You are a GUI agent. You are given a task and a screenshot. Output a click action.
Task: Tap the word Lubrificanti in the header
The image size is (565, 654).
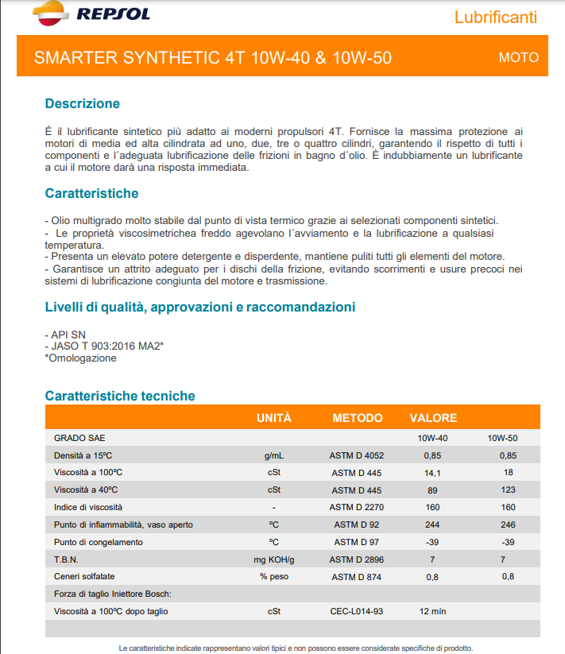[496, 17]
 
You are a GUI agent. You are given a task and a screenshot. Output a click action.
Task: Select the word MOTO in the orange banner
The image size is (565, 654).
[518, 57]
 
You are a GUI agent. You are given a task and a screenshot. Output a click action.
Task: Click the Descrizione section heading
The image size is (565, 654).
[83, 103]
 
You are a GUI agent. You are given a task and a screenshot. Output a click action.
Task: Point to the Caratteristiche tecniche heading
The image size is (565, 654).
[120, 396]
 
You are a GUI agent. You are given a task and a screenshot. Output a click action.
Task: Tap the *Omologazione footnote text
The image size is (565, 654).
[81, 358]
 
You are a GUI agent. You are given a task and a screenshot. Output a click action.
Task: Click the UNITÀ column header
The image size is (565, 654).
[273, 417]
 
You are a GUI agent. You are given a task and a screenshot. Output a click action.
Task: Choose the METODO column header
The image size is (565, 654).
[357, 417]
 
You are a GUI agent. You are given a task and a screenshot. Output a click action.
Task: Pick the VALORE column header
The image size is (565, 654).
[433, 417]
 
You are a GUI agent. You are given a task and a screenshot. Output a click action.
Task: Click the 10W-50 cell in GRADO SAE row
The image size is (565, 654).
[502, 438]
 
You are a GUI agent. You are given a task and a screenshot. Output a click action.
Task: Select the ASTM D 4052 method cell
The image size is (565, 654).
[357, 455]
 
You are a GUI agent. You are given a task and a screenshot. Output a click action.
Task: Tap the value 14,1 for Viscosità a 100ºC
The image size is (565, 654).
[432, 473]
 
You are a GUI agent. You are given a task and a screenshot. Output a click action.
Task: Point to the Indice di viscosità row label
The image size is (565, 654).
[88, 507]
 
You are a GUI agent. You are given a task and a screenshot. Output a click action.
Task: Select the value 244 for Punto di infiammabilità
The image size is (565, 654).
[432, 524]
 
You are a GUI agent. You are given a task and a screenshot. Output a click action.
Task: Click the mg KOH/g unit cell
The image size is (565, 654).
[273, 559]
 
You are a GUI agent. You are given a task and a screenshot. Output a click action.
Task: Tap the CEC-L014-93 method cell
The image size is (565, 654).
[357, 611]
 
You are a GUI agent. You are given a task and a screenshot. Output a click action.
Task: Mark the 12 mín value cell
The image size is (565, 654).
[432, 611]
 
